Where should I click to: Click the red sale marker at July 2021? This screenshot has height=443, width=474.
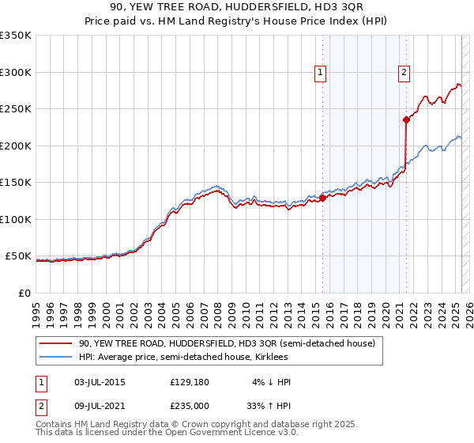(406, 120)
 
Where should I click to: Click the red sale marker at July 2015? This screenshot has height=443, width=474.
(322, 198)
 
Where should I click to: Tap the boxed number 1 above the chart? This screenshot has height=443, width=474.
(320, 73)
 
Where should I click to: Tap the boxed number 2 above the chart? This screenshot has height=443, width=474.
(404, 73)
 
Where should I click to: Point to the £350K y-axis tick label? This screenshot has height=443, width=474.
(15, 36)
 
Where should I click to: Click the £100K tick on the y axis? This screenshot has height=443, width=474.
(15, 219)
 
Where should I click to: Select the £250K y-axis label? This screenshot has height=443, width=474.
(15, 109)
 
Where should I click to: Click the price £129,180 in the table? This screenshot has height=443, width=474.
(188, 382)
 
